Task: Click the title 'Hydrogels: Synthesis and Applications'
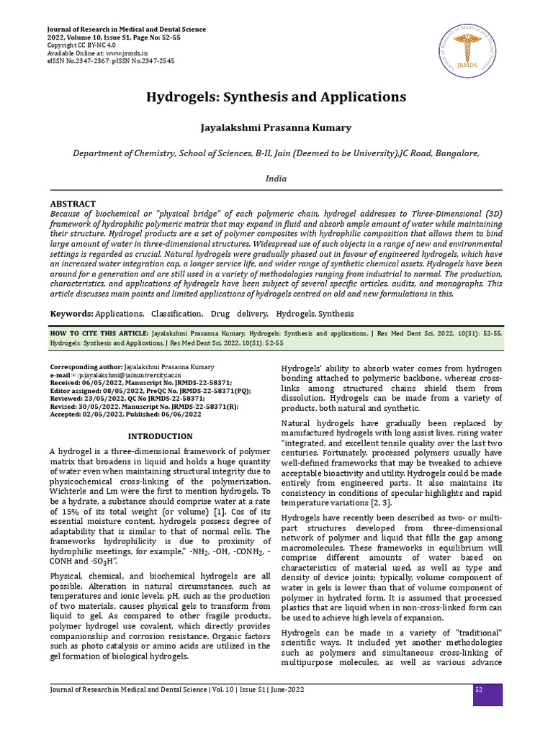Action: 276,96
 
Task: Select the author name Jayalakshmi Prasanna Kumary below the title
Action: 276,127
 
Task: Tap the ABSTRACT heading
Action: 73,204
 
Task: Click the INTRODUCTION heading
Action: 160,436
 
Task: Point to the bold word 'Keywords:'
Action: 71,314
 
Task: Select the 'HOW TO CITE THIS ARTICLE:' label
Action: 99,335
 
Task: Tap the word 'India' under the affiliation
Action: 276,178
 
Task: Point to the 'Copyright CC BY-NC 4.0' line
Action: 81,45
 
